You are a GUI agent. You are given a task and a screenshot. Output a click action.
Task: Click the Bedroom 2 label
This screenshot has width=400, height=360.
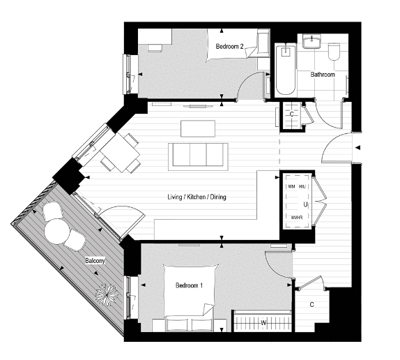229,47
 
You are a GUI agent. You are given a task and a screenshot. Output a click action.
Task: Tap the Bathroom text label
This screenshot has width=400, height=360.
323,74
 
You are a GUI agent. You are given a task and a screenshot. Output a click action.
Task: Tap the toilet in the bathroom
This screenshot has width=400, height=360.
333,52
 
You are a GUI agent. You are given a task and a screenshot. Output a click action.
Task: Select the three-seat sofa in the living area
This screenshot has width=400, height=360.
199,155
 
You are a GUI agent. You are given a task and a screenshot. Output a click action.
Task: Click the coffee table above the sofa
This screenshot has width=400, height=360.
198,128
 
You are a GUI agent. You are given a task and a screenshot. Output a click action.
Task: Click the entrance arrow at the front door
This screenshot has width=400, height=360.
357,147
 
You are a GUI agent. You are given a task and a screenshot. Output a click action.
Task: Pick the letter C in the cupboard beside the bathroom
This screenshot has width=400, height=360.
291,114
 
